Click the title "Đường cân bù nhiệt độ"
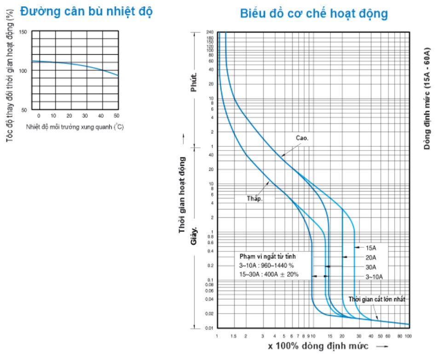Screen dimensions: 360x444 (x=86, y=12)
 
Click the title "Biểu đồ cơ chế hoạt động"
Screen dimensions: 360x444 (x=314, y=13)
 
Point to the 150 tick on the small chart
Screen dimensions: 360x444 (x=23, y=31)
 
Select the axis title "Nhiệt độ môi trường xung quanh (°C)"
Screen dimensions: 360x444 (x=75, y=126)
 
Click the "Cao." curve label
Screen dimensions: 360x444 (x=302, y=138)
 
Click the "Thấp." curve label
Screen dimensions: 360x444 (x=254, y=199)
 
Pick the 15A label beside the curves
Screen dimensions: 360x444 (x=371, y=247)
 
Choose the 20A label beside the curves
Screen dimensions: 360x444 (x=371, y=257)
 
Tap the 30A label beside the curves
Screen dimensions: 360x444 (x=371, y=267)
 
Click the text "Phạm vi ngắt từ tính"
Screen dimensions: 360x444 (x=268, y=256)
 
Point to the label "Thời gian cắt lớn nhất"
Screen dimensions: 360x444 (x=377, y=299)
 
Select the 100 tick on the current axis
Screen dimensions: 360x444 (x=407, y=336)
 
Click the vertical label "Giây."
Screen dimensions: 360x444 (x=194, y=235)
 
